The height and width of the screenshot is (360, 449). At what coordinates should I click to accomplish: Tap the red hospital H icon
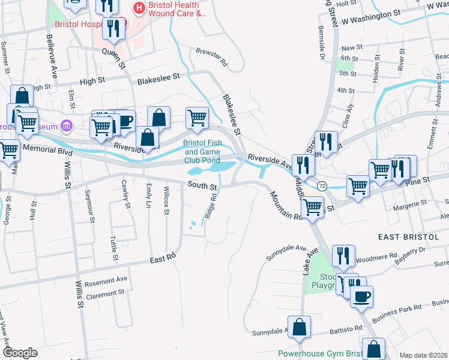(139, 8)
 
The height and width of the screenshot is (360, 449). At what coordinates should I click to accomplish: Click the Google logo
(19, 353)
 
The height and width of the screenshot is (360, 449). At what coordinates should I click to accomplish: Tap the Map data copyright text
(424, 355)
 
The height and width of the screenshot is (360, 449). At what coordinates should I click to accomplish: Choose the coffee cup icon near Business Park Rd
(361, 297)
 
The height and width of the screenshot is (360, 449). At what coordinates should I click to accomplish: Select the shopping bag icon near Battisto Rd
(300, 328)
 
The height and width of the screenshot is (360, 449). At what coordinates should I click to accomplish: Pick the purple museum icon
(66, 127)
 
